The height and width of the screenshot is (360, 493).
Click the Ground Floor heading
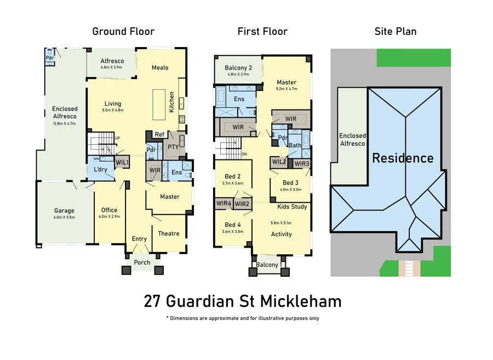(x=123, y=31)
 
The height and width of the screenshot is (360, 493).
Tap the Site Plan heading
(x=395, y=31)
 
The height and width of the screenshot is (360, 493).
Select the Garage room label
(x=64, y=211)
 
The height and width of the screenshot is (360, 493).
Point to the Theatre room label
(x=169, y=233)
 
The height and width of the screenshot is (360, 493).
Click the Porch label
(x=142, y=262)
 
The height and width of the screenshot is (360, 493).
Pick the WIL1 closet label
(x=122, y=162)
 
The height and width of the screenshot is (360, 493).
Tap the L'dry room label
(x=101, y=170)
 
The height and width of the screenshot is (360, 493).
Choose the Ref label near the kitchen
(x=159, y=135)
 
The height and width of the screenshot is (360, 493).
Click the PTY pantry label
(x=173, y=147)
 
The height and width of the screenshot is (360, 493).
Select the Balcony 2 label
(x=238, y=68)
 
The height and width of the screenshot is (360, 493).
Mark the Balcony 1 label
(x=268, y=265)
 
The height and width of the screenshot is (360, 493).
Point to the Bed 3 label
(x=291, y=183)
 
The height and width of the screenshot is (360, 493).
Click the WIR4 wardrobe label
(x=223, y=204)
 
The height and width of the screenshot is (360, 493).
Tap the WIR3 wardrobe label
(x=302, y=163)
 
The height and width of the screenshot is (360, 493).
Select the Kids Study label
(x=293, y=207)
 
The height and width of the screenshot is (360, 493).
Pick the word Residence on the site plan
(x=403, y=158)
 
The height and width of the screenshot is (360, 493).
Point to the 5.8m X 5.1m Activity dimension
(x=282, y=223)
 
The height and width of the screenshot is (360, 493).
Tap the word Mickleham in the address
(x=300, y=301)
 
